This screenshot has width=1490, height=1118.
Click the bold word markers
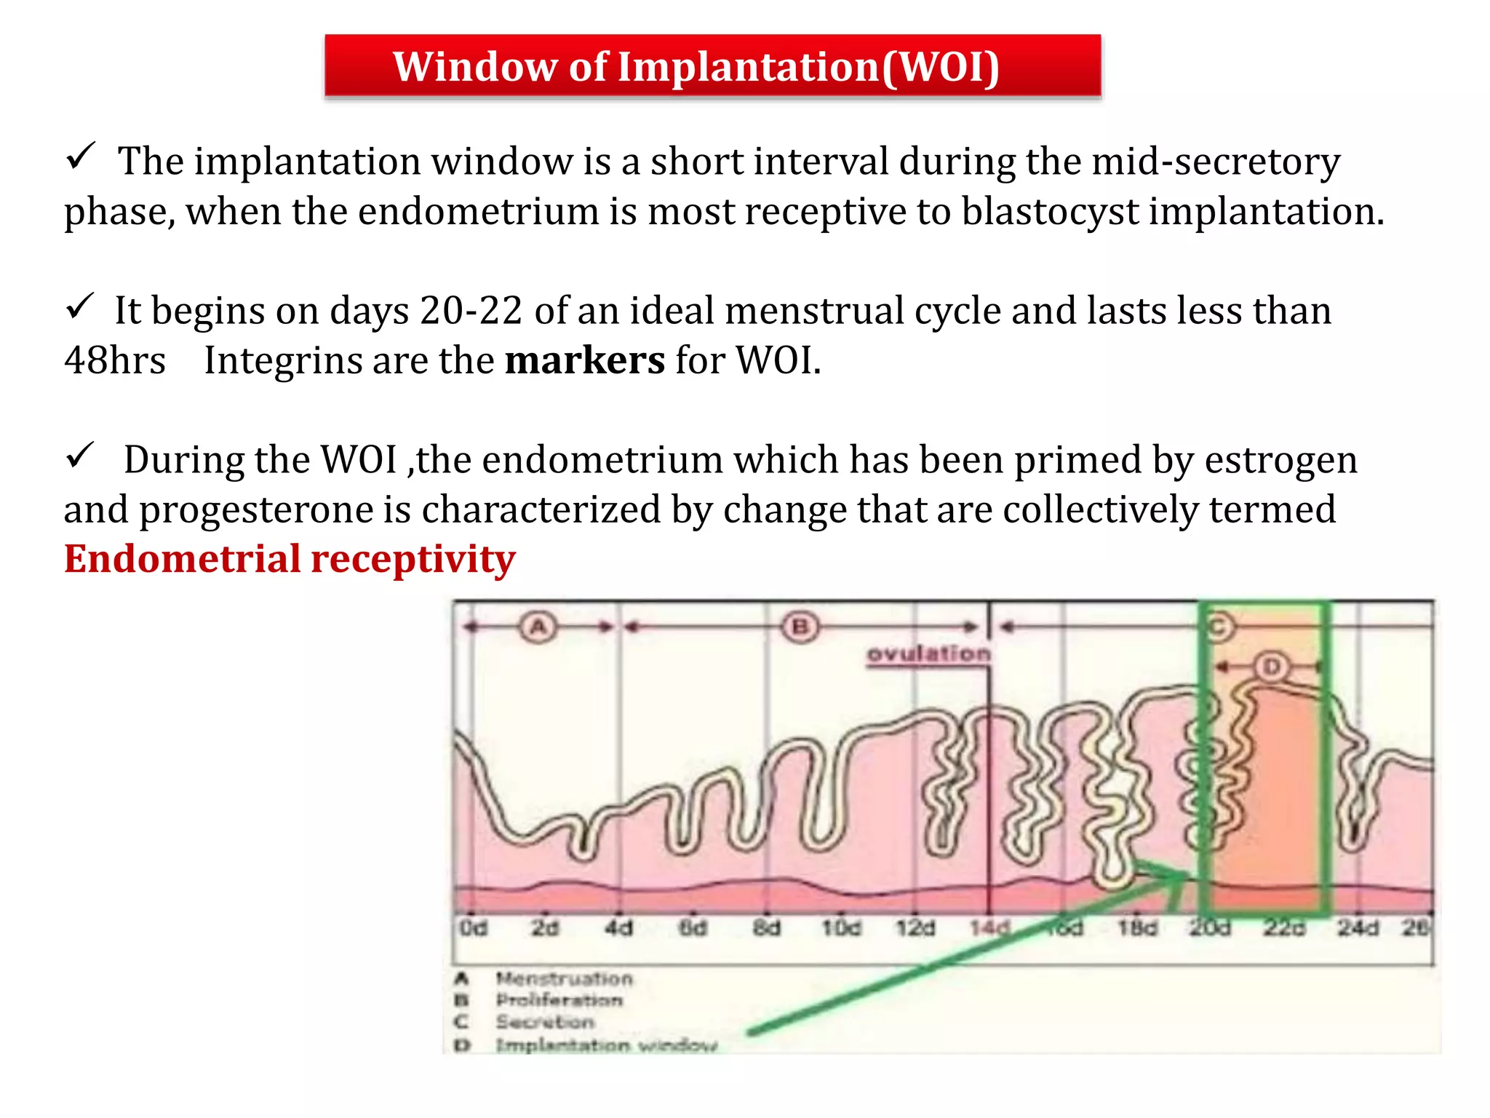click(x=584, y=361)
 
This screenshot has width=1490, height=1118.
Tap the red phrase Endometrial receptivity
click(x=290, y=560)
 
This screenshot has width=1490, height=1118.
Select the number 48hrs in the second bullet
click(x=115, y=361)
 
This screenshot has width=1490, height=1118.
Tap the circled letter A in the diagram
click(x=538, y=627)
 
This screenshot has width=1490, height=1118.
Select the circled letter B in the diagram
click(x=800, y=627)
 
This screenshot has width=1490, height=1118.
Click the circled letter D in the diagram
click(x=1272, y=666)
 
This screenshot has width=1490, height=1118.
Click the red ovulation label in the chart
click(x=929, y=654)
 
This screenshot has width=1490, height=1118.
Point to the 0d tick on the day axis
click(x=473, y=928)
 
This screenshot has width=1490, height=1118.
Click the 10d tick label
click(x=841, y=928)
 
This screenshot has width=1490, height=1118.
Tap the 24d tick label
click(x=1358, y=928)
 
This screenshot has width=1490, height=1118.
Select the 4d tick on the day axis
click(x=619, y=928)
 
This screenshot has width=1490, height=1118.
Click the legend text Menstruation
click(x=565, y=979)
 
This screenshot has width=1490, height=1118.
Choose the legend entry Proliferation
click(x=559, y=1001)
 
